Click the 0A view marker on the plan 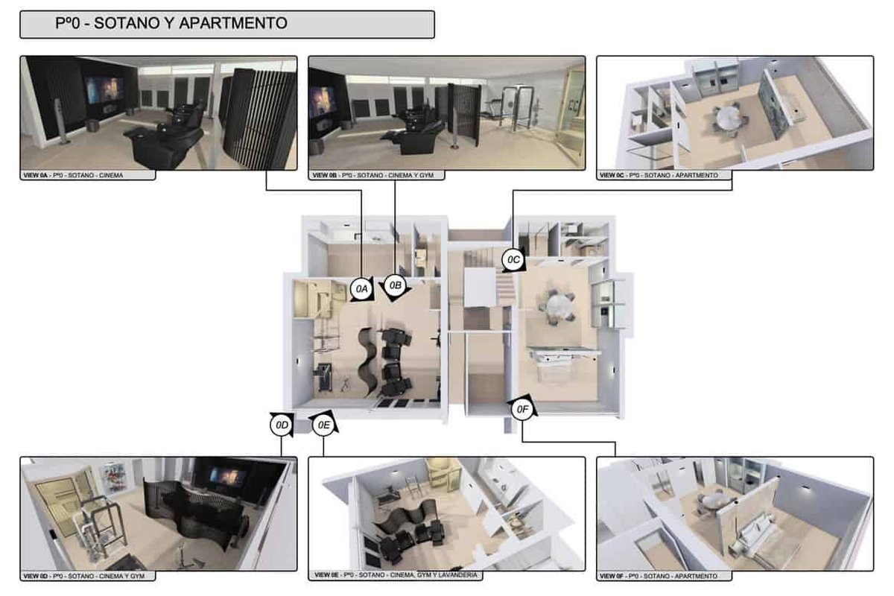point(361,288)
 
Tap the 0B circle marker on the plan point(395,285)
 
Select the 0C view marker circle point(513,260)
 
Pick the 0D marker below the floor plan point(282,425)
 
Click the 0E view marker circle point(323,425)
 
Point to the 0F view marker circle point(522,409)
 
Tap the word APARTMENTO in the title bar point(233,23)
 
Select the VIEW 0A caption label point(74,175)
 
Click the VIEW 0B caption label point(372,175)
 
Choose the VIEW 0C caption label point(659,175)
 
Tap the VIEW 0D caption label point(84,576)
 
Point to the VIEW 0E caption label point(396,575)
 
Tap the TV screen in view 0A point(104,89)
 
